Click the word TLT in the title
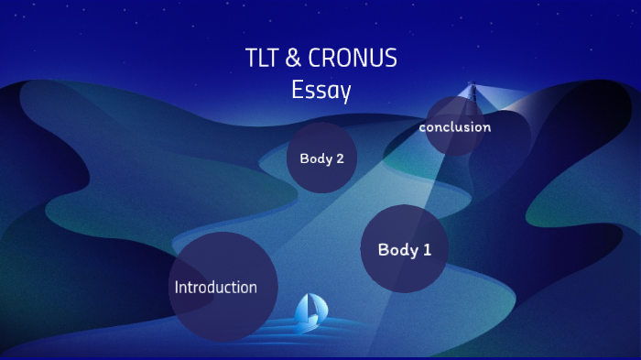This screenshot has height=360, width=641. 262,59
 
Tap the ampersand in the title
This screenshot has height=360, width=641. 293,59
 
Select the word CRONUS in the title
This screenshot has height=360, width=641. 353,59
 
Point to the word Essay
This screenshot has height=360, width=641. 320,91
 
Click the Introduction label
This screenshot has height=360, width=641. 215,287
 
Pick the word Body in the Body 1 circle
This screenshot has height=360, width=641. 397,249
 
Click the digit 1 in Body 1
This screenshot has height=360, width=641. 427,249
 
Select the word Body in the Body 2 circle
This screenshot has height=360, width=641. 315,158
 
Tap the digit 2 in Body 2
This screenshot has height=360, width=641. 340,158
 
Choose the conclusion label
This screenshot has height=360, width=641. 454,127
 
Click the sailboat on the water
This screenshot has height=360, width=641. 309,312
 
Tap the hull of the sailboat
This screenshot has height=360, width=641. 307,325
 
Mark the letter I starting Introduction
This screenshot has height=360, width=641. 177,287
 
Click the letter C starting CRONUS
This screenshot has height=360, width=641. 315,59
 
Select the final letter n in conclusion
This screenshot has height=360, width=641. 486,127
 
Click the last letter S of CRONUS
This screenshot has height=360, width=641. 391,59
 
